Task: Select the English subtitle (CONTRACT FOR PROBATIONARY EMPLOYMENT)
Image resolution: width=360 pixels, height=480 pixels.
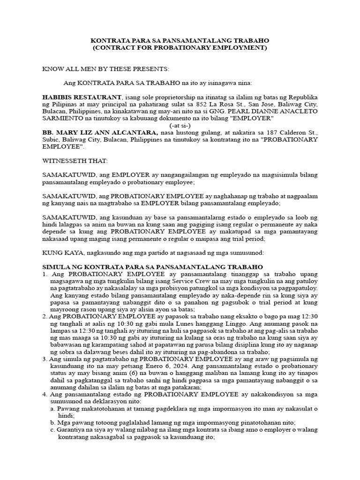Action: tap(180, 48)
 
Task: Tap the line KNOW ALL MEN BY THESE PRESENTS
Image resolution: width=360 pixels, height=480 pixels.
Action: tap(105, 69)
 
